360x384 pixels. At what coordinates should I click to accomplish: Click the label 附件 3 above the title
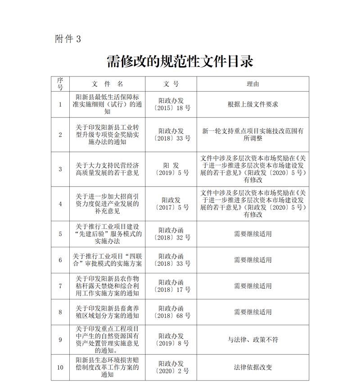[x=68, y=39]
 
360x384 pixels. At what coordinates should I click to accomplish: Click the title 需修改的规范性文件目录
[x=180, y=62]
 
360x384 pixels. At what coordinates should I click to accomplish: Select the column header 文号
[x=171, y=84]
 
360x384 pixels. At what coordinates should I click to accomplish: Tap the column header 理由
[x=252, y=84]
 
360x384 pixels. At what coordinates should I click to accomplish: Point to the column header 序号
[x=60, y=84]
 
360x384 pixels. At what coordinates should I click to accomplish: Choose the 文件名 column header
[x=107, y=84]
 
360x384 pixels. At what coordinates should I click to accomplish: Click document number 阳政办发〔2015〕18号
[x=171, y=104]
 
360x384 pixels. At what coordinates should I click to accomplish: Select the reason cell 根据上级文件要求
[x=252, y=104]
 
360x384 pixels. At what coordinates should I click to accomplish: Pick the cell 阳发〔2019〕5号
[x=171, y=169]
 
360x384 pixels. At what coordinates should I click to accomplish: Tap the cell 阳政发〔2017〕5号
[x=171, y=204]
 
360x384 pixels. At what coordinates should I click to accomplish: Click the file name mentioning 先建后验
[x=107, y=234]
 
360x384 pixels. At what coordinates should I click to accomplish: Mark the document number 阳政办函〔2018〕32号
[x=171, y=234]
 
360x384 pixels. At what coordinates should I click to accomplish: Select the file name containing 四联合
[x=107, y=260]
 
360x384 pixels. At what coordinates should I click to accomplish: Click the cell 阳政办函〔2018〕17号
[x=171, y=286]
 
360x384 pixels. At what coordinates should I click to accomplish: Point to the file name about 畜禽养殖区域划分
[x=107, y=312]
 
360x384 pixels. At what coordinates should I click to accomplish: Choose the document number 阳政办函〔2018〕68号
[x=171, y=312]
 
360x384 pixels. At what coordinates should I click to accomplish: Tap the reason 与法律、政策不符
[x=252, y=339]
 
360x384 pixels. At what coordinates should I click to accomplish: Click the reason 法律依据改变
[x=252, y=367]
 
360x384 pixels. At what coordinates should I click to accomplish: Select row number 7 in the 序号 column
[x=60, y=286]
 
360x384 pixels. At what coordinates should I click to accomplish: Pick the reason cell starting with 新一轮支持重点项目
[x=252, y=135]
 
